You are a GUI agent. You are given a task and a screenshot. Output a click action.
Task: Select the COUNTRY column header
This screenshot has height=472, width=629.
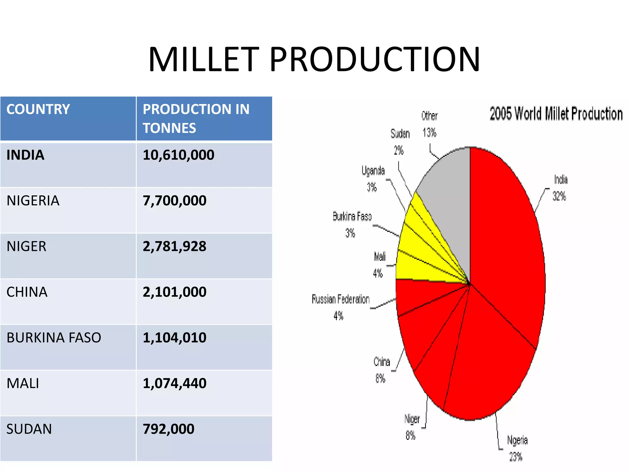[38, 109]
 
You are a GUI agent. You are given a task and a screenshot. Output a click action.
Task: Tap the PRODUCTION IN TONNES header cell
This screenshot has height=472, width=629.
[196, 119]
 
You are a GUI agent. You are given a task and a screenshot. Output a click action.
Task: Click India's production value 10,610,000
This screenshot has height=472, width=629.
[178, 155]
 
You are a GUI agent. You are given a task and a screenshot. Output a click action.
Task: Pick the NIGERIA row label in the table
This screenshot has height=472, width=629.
[33, 201]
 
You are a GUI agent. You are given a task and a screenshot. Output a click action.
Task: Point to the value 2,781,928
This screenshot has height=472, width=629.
[174, 246]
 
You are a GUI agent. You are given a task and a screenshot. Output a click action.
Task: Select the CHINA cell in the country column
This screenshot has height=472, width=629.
[27, 292]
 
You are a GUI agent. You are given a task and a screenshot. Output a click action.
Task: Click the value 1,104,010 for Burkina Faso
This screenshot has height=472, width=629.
[174, 338]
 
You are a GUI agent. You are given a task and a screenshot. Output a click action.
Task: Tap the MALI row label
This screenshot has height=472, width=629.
[23, 383]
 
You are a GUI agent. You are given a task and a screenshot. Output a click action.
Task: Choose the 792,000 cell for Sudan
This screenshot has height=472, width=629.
[169, 429]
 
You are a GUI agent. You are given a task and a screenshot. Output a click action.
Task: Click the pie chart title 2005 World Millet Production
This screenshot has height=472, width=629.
[556, 114]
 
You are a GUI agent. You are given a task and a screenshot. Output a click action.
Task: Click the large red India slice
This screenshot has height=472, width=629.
[504, 246]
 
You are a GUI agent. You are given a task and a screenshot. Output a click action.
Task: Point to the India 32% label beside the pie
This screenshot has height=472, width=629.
[560, 188]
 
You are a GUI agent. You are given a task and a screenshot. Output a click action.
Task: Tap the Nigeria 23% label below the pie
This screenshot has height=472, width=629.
[517, 448]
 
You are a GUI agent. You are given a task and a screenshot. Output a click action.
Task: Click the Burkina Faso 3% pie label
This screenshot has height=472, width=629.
[352, 224]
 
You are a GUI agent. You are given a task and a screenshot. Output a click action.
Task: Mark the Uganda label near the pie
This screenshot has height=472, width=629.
[373, 171]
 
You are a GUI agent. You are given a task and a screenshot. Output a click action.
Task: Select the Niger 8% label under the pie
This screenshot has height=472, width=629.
[412, 427]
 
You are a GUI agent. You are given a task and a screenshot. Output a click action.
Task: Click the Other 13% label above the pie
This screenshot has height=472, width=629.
[429, 124]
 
